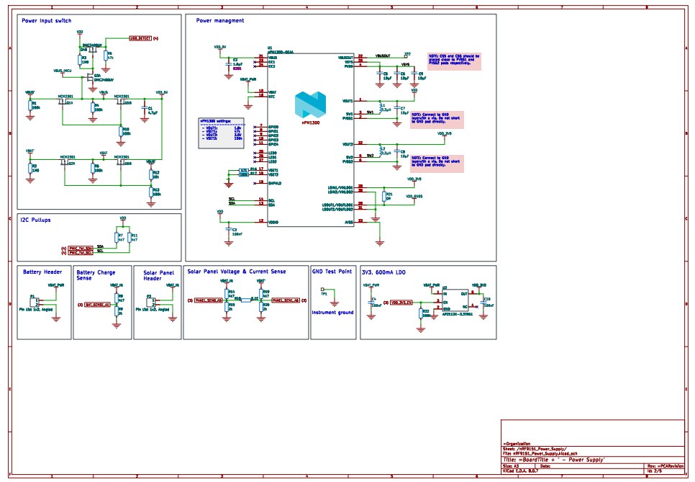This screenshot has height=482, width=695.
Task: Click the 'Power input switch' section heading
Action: coord(46,21)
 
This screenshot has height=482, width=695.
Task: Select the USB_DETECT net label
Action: coord(140,37)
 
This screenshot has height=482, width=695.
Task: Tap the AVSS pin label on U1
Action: coord(348,222)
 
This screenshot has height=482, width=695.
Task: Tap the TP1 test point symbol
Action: coord(323,291)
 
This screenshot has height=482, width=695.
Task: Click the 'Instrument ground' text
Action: coord(332,313)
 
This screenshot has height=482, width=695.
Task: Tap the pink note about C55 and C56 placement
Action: coord(454,60)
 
